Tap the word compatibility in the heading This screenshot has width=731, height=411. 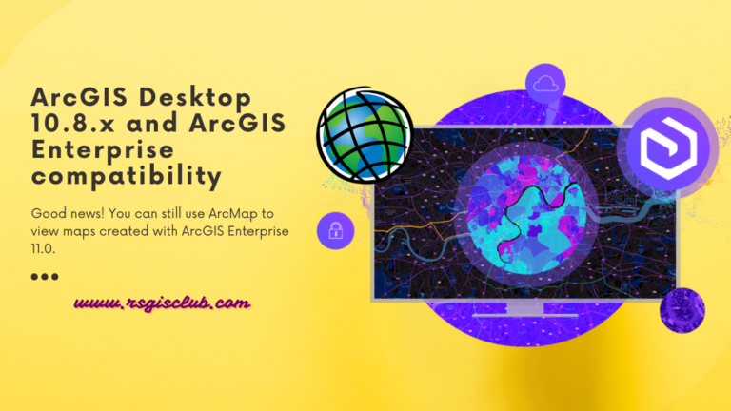tap(127, 176)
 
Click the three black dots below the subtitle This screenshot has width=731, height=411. tap(45, 277)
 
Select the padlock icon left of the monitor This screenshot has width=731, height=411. tap(335, 230)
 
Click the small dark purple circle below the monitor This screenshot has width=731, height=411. tap(682, 309)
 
